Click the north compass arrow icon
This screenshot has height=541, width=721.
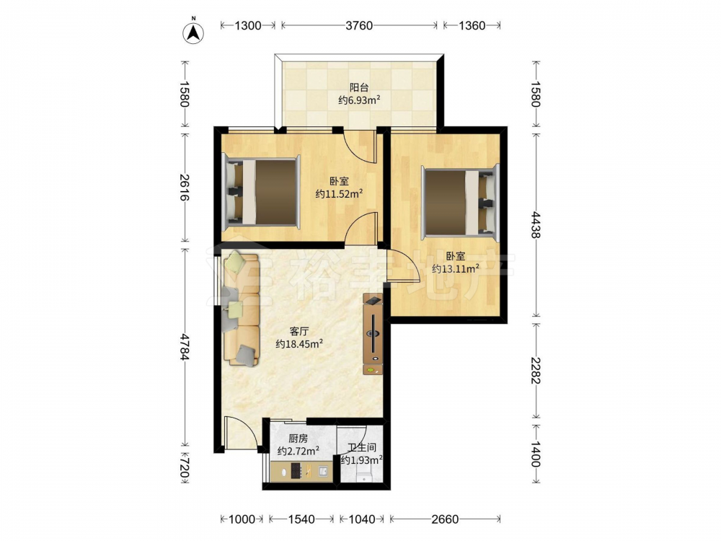(x=193, y=32)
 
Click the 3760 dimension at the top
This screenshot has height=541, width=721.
(x=359, y=25)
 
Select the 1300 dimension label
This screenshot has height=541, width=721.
(x=248, y=25)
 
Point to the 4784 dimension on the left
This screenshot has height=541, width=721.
(x=185, y=347)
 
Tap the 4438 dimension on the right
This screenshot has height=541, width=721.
(x=536, y=224)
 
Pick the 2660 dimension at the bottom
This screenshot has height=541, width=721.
(x=445, y=519)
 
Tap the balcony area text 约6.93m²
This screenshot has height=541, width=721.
(x=359, y=100)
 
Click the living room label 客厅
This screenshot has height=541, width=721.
(x=299, y=331)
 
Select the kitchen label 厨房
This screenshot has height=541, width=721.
(x=298, y=439)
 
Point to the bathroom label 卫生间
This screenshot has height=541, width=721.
(x=362, y=447)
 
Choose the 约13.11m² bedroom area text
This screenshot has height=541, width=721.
(x=456, y=268)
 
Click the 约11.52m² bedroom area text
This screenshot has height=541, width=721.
(x=339, y=193)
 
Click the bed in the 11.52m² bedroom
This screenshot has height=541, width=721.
(x=261, y=191)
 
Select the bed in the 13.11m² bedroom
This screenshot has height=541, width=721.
(x=461, y=203)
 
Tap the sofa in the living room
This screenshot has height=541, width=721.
(x=241, y=309)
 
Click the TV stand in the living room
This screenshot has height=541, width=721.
(x=373, y=334)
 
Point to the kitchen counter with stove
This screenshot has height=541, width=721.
(x=301, y=472)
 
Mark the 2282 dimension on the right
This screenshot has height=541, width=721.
(x=536, y=370)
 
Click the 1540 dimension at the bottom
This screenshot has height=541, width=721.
(x=301, y=519)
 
